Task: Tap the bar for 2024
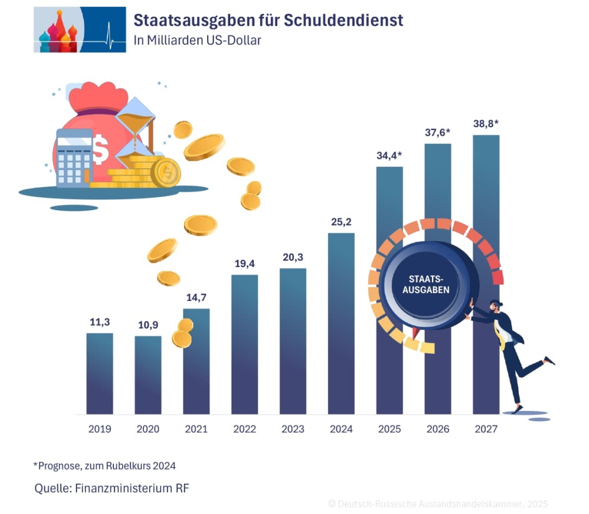coord(341,322)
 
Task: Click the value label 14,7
coord(196,298)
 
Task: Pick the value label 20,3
coord(293,257)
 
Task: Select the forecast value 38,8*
coord(485,123)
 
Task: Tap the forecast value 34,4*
coord(389,155)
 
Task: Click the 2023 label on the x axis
coord(293,429)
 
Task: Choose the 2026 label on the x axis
coord(438,429)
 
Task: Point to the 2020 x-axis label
coord(148,429)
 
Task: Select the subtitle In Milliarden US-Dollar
coord(197,41)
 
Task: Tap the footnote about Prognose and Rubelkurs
coord(104,465)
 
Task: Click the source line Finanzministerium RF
coord(112,489)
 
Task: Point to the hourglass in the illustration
coord(136,130)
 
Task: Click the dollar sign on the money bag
coord(101,148)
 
